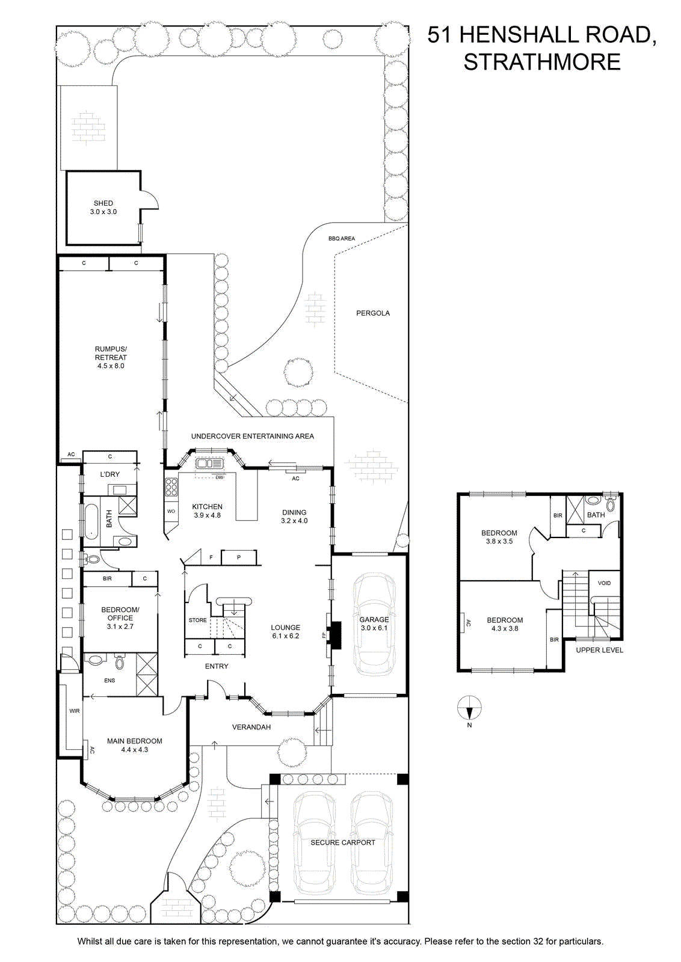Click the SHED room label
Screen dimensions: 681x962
click(x=103, y=203)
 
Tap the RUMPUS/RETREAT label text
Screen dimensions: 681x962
click(x=111, y=353)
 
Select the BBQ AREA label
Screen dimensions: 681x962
click(x=342, y=238)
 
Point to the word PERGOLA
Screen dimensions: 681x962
click(x=373, y=313)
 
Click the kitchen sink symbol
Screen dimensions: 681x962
click(x=210, y=464)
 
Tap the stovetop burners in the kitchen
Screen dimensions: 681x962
click(x=171, y=488)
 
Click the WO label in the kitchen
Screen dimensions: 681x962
click(x=171, y=511)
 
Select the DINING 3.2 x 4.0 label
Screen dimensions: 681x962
click(x=294, y=516)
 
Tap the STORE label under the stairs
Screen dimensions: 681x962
click(x=198, y=620)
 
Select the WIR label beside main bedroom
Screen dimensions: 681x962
click(x=75, y=711)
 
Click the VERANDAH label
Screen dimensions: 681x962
click(x=251, y=727)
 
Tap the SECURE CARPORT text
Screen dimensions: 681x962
click(x=342, y=842)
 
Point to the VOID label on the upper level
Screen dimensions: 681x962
click(x=604, y=583)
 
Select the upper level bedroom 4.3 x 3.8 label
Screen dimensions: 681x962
click(x=505, y=624)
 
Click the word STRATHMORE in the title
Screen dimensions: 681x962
click(x=542, y=63)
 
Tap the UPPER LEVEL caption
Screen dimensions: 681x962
click(x=599, y=650)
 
